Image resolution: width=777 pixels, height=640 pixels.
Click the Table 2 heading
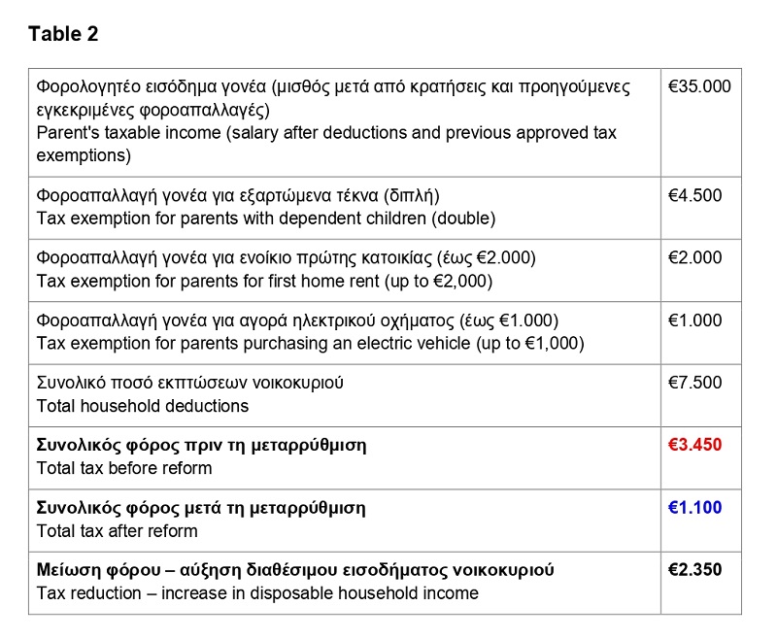pyautogui.click(x=63, y=34)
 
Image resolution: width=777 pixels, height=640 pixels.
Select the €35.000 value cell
pyautogui.click(x=699, y=86)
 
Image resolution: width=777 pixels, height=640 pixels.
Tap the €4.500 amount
pyautogui.click(x=695, y=195)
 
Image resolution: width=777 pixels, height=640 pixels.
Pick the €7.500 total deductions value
pyautogui.click(x=695, y=383)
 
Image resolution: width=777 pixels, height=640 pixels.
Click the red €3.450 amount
pyautogui.click(x=695, y=445)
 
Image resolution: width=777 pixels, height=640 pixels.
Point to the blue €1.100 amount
pyautogui.click(x=695, y=507)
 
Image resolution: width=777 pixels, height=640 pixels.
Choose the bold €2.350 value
pyautogui.click(x=695, y=569)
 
